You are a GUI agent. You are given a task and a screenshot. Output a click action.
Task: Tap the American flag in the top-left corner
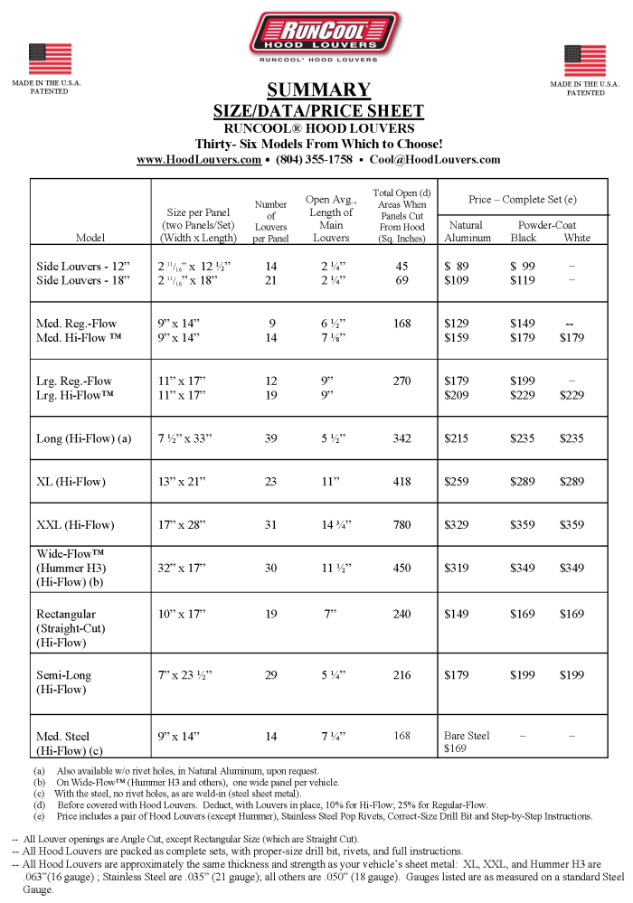click(x=50, y=59)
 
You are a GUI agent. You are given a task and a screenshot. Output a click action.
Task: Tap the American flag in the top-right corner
click(x=585, y=61)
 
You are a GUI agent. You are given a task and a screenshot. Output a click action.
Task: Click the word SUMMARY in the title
click(x=318, y=89)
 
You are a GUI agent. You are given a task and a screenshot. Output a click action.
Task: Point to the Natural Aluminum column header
click(x=467, y=231)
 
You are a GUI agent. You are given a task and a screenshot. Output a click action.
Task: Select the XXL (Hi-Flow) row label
click(x=76, y=524)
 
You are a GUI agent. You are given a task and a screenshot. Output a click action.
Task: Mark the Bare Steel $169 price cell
click(x=467, y=742)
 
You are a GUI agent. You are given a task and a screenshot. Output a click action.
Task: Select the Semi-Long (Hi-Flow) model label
click(x=63, y=682)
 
